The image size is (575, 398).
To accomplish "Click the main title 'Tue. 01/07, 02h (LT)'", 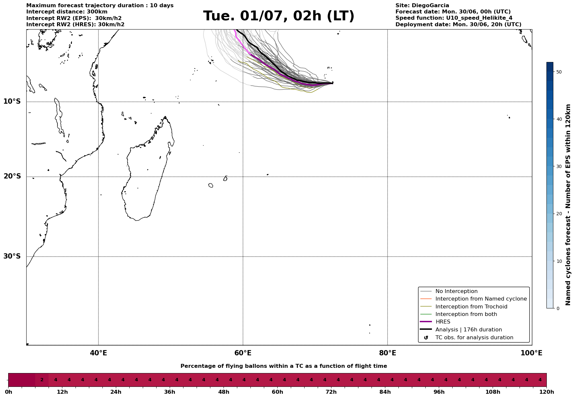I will click(279, 16).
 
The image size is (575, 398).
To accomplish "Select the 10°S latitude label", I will click(12, 101).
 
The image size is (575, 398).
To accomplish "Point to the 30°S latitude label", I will click(12, 256).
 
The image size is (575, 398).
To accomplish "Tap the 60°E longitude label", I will click(243, 353).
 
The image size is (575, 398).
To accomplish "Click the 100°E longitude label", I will click(531, 353).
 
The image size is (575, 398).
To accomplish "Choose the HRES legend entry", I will click(443, 322).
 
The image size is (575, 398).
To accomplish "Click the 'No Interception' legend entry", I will click(456, 291).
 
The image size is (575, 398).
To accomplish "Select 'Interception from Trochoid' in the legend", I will click(471, 307).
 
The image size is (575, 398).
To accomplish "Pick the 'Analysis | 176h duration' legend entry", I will click(468, 330).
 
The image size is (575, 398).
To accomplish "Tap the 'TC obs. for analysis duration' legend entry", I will click(474, 338).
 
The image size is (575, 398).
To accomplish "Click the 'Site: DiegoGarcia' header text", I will click(422, 6).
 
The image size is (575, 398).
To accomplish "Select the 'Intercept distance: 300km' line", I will click(67, 12).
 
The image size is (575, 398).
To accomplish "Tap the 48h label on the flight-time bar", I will click(224, 392).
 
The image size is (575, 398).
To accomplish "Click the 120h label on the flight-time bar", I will click(546, 392).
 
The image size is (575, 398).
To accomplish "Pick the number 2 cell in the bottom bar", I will click(42, 380).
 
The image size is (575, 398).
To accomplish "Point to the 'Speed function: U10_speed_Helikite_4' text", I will click(454, 18).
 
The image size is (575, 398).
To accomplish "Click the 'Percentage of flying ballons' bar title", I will click(284, 366).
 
